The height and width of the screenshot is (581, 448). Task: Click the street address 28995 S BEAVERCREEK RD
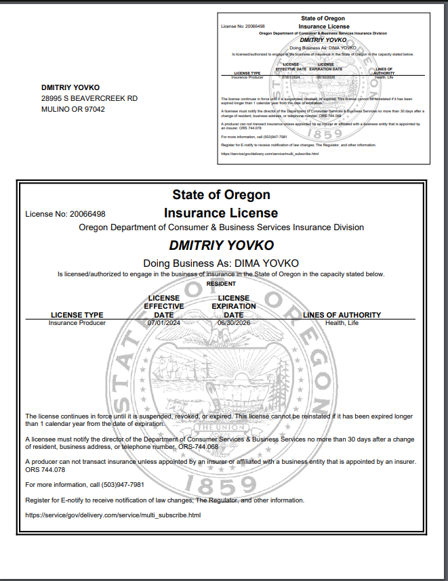(x=89, y=98)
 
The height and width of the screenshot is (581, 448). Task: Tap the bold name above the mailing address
(x=70, y=87)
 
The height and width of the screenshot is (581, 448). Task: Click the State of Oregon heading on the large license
(x=221, y=195)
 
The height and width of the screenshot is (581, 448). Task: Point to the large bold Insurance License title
(x=221, y=213)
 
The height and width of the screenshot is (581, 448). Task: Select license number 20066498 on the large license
(x=85, y=214)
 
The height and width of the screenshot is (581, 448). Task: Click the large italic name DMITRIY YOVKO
(x=221, y=245)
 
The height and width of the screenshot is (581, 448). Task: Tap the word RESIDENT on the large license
(x=221, y=284)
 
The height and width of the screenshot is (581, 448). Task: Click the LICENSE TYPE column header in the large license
(x=77, y=315)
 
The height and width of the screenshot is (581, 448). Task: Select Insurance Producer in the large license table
(x=77, y=323)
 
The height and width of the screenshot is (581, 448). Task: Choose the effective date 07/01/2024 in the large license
(x=164, y=323)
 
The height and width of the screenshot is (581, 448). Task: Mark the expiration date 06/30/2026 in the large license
(x=234, y=323)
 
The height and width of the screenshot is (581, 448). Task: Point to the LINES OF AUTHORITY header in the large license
(x=342, y=315)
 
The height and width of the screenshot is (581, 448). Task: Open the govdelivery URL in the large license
(x=113, y=515)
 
